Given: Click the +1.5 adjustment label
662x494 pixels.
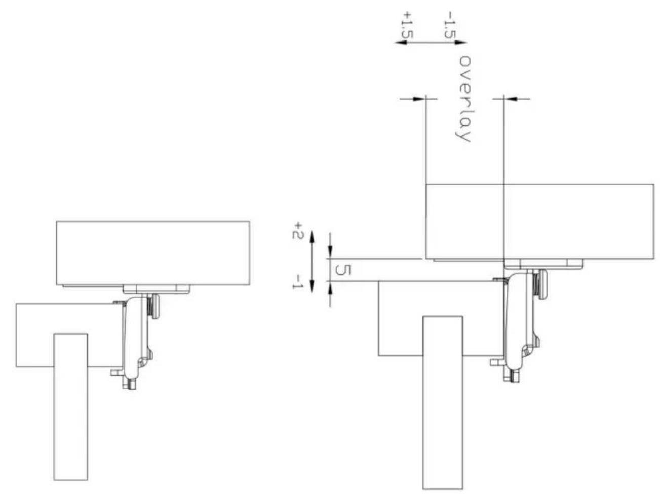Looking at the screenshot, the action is pos(407,24).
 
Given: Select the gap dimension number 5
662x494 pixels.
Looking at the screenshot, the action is pos(343,270).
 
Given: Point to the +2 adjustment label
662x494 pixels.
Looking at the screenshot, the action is pos(298,231).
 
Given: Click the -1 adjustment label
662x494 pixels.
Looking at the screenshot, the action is pos(298,281).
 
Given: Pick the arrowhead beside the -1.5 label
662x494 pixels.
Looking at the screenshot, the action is pos(460,43).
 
